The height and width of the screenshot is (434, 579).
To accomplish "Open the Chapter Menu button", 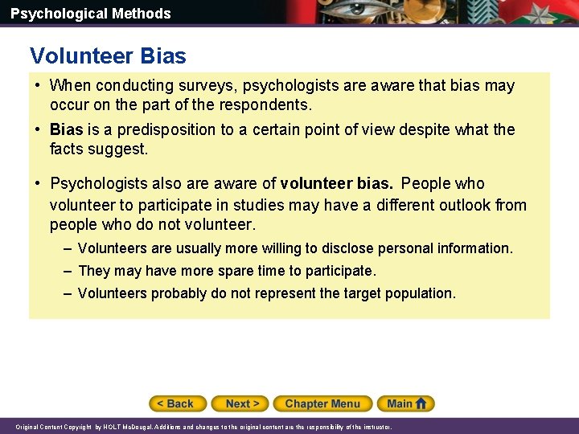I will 322,403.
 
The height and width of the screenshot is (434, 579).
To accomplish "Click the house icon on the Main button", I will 421,403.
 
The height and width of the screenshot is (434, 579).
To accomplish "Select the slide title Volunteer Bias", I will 108,56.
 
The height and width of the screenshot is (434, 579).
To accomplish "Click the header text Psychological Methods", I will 90,14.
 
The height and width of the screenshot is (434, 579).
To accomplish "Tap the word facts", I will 67,149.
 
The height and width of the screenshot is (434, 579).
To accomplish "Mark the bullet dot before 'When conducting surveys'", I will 37,85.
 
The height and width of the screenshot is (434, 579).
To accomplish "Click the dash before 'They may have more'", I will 68,271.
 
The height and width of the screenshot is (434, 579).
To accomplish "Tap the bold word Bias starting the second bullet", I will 66,130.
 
